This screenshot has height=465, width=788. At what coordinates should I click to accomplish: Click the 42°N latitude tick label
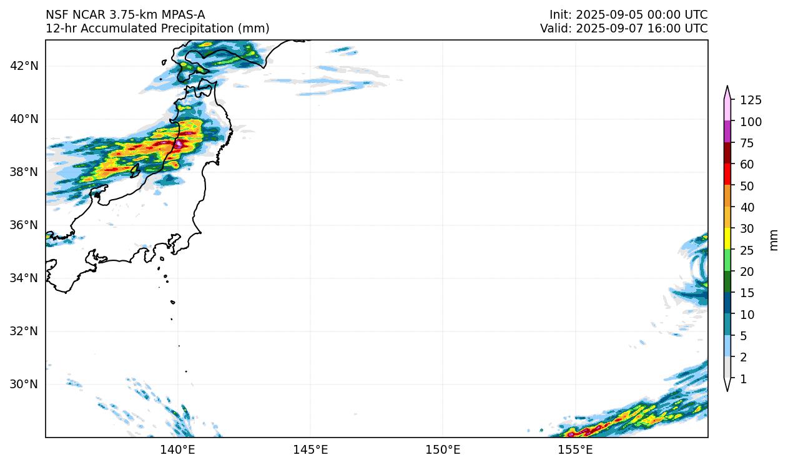[x=24, y=66]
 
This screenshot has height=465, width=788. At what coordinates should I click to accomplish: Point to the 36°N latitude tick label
[x=24, y=225]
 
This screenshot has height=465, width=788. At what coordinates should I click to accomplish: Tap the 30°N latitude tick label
[x=24, y=384]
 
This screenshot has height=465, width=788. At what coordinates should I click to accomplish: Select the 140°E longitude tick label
[x=178, y=449]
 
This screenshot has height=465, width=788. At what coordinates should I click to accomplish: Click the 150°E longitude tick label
[x=443, y=449]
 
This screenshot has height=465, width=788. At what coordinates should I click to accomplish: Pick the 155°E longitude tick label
[x=575, y=449]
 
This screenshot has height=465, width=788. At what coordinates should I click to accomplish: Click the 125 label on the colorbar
[x=751, y=100]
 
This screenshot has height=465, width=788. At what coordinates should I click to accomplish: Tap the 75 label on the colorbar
[x=747, y=143]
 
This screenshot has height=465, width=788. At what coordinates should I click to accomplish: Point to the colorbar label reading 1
[x=743, y=379]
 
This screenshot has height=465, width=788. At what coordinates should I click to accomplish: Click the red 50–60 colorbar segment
[x=727, y=174]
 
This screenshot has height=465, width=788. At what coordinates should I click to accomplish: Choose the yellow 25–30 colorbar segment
[x=727, y=239]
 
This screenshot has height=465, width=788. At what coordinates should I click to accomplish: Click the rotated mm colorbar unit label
[x=774, y=240]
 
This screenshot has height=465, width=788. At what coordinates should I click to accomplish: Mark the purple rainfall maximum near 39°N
[x=179, y=144]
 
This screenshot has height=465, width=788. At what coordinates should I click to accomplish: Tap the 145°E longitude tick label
[x=310, y=449]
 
